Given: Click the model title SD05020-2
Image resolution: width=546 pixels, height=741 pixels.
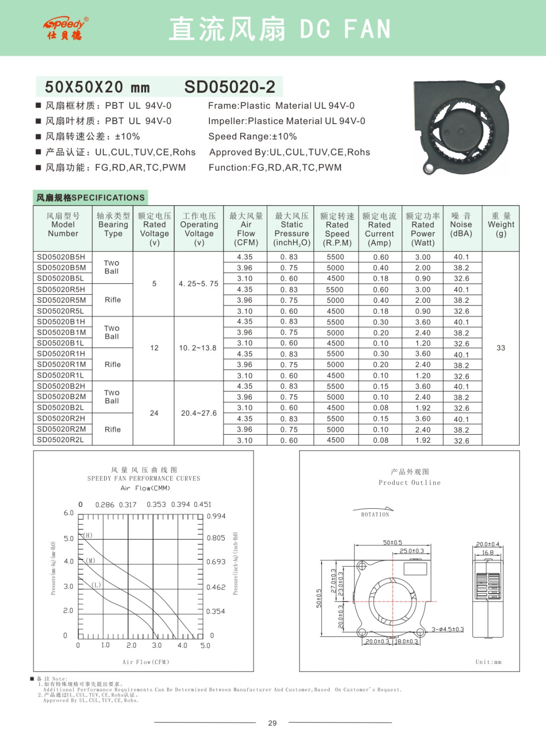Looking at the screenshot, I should coord(229,87).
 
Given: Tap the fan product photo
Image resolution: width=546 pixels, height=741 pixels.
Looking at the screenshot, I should coord(459,128).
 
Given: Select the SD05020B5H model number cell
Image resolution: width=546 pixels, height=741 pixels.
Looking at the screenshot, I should coord(61,257).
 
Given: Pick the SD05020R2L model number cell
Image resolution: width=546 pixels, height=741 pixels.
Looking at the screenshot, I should coord(61,440).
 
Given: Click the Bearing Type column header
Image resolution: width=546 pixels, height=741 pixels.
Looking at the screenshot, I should coord(113,225).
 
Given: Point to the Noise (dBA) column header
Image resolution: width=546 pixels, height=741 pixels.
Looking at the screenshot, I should coord(461,225).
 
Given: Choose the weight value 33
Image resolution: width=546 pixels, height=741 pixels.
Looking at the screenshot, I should coord(501,348).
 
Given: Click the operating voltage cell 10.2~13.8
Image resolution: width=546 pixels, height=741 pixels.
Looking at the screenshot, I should coord(198,348).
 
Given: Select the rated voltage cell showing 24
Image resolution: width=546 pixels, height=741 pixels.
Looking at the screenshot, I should coord(154,413).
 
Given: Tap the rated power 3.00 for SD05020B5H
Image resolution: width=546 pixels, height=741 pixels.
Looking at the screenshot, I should coord(423,257).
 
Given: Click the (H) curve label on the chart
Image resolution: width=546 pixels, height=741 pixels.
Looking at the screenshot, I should coord(88,535).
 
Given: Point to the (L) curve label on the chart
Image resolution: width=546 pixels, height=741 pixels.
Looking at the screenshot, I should coord(96,585).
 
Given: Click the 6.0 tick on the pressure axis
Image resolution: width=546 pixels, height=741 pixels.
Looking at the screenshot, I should coord(68,513).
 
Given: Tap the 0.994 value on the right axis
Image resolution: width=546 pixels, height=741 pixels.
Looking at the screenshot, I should coord(216,516).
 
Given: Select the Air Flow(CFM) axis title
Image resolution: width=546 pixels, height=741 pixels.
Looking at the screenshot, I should coord(146,662).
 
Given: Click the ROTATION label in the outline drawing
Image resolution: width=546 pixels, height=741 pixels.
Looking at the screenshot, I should coord(375,515).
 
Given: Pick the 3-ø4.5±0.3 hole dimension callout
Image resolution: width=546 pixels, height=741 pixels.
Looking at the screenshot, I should coord(448,629).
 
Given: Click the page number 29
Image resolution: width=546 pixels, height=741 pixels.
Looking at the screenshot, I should coord(273,723).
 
